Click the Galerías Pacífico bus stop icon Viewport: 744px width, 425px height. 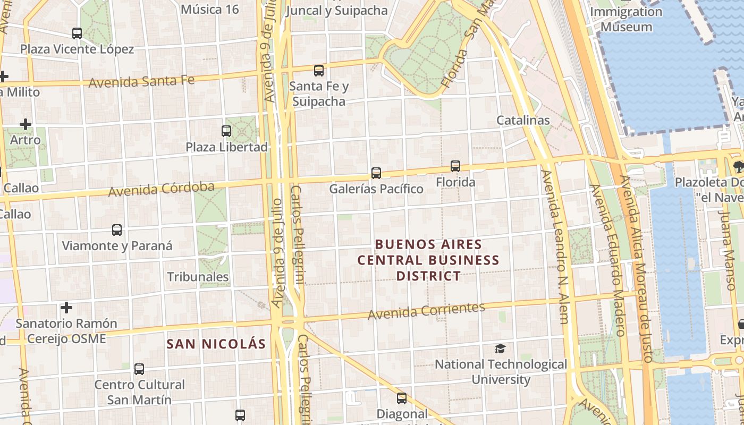point(376,173)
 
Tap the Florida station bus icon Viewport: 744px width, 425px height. point(455,166)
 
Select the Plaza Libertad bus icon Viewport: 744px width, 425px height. point(226,131)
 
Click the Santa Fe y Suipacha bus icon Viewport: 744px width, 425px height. point(319,70)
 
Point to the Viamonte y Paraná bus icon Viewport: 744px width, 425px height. point(117,230)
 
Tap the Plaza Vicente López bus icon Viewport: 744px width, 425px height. point(77,33)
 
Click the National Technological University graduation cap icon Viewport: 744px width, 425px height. point(500,348)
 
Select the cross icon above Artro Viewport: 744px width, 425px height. point(25,124)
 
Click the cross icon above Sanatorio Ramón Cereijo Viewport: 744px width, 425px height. point(66,308)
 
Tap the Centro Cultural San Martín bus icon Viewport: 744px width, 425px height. point(139,369)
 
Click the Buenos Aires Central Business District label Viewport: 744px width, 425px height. point(428,260)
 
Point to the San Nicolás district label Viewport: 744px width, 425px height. point(216,344)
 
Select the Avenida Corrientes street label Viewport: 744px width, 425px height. point(426,311)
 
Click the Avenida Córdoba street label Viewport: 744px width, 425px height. point(161,189)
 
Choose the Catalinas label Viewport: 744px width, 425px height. point(523,120)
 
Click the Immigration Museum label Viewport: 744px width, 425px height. point(626,19)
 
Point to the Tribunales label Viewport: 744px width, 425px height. point(198,277)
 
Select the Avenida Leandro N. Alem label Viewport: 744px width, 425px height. point(556,246)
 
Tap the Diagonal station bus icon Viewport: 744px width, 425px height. point(402,398)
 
